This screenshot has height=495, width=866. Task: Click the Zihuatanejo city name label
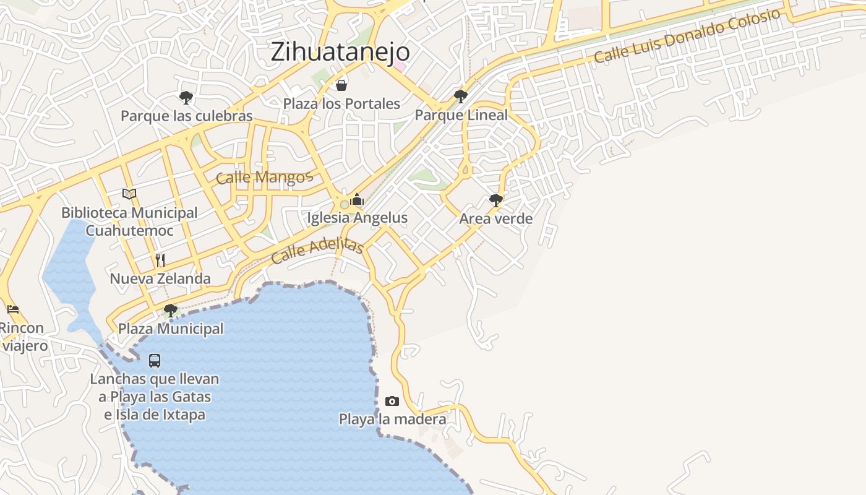click(x=340, y=52)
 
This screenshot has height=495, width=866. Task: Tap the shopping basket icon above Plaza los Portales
click(x=341, y=85)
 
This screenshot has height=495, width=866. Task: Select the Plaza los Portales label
click(x=341, y=103)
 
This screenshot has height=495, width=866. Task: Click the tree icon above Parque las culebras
click(x=186, y=97)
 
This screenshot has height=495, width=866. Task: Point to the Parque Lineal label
click(x=461, y=115)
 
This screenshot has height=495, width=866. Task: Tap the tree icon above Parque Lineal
click(x=460, y=96)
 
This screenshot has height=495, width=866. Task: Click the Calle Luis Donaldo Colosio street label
click(x=687, y=36)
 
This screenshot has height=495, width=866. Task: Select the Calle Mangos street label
click(x=264, y=178)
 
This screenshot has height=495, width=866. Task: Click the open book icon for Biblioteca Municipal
click(x=129, y=194)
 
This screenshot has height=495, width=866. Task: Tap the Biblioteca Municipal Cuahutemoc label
click(x=129, y=222)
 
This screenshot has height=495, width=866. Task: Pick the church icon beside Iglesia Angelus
click(x=357, y=199)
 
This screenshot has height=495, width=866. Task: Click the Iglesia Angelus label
click(x=357, y=218)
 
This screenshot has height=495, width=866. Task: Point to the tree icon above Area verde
click(x=495, y=200)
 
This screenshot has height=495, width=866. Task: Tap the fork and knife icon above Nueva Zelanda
click(x=160, y=260)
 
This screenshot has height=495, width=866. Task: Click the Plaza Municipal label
click(x=171, y=329)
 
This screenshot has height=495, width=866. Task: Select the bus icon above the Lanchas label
click(x=155, y=360)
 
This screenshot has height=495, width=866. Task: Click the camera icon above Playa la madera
click(x=392, y=401)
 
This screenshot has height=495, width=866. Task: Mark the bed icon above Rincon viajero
click(x=13, y=309)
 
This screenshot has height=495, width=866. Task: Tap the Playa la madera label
click(x=392, y=420)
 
